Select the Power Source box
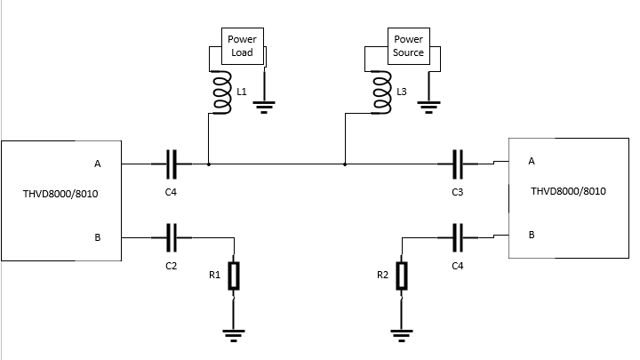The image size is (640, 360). coord(409,45)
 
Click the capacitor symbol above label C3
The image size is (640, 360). coord(459,164)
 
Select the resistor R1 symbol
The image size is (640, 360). coord(233,276)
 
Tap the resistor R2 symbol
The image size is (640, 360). coord(403,276)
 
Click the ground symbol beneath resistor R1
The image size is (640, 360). coord(233,336)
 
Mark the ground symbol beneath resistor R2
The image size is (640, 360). coord(403,336)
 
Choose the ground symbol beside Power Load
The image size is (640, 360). coord(264,108)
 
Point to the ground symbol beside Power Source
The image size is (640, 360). coord(429,108)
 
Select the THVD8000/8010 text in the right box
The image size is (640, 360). coord(568,191)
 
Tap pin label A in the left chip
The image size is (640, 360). coord(97,164)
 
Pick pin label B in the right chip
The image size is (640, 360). coord(532,235)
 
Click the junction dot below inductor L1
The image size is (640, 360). coord(208,164)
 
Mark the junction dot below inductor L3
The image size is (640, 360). coord(344,164)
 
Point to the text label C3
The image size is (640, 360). coord(457,192)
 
